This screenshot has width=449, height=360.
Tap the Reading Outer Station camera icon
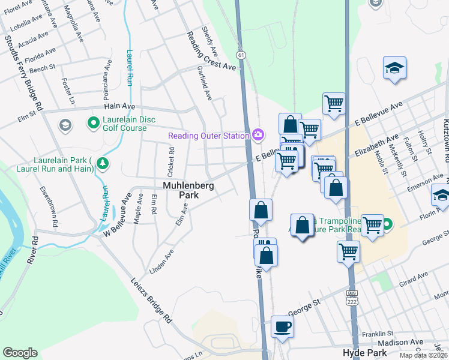point(259,134)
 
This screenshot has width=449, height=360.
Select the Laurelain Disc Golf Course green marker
point(94,124)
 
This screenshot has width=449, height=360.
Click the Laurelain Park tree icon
point(103,163)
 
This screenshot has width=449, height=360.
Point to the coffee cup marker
point(282,327)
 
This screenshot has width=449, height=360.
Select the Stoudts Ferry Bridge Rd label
point(23,73)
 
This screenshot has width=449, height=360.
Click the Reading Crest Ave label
point(211,51)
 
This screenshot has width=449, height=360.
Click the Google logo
point(20,353)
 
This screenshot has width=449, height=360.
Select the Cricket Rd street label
point(171,158)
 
